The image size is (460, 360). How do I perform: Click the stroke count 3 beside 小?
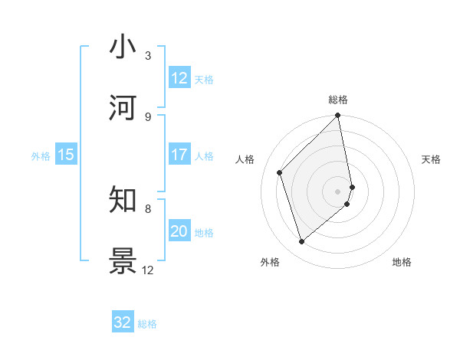[x=148, y=56]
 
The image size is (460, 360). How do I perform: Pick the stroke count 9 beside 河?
[x=148, y=116]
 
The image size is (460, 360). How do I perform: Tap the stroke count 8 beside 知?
[x=148, y=208]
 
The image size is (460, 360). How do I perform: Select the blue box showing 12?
[x=179, y=78]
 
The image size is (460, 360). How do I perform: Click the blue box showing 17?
[x=179, y=155]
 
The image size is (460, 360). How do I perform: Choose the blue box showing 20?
[x=179, y=231]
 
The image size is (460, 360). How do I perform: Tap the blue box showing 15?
[x=66, y=155]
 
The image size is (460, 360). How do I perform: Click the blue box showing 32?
[x=123, y=322]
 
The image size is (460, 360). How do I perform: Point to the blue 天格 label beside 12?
[x=204, y=80]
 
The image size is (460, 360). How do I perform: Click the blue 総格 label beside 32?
[x=147, y=324]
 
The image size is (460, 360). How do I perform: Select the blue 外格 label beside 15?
[x=41, y=156]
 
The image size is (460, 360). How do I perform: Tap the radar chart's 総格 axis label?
[x=338, y=100]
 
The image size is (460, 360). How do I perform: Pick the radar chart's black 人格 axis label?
[x=245, y=159]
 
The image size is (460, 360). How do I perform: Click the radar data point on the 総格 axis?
[x=338, y=116]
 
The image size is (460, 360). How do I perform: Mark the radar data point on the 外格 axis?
[x=302, y=241]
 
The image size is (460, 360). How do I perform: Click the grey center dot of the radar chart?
[x=338, y=191]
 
